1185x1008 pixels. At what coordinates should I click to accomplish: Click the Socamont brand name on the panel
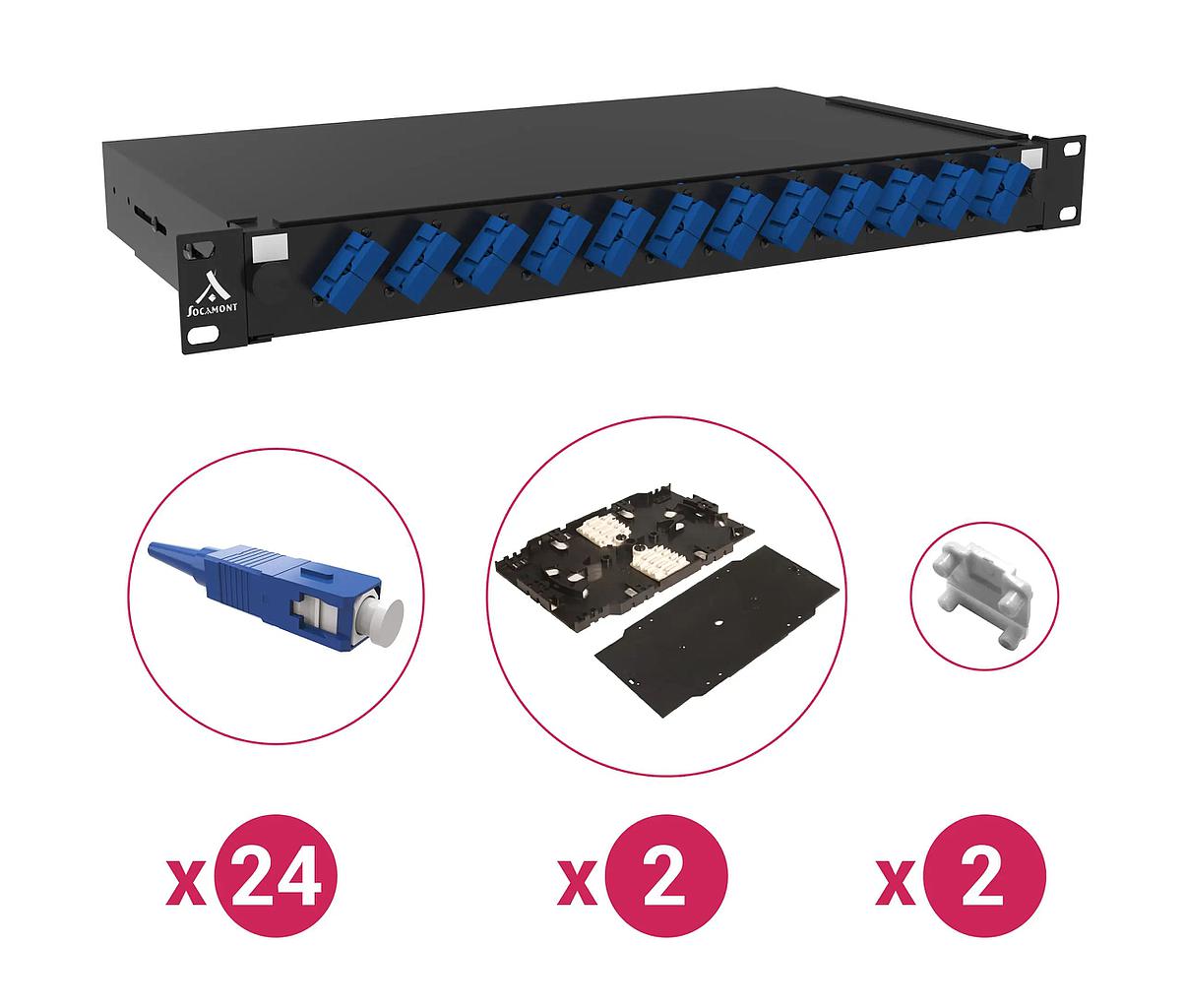(x=213, y=310)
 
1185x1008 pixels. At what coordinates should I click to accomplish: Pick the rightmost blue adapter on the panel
(x=1001, y=181)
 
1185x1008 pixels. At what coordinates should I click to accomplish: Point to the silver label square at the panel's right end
(x=1032, y=158)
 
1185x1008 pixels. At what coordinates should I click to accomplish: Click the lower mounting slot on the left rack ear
(x=204, y=336)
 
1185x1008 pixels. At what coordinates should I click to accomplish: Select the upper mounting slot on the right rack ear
(x=1071, y=148)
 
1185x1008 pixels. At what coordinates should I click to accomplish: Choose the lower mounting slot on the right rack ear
(x=1068, y=214)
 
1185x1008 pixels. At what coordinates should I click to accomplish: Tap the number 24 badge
(x=276, y=875)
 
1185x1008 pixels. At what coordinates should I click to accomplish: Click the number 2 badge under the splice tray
(x=665, y=875)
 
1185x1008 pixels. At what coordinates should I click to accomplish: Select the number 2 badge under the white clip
(x=984, y=875)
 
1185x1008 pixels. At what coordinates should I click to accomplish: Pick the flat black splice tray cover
(x=720, y=631)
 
